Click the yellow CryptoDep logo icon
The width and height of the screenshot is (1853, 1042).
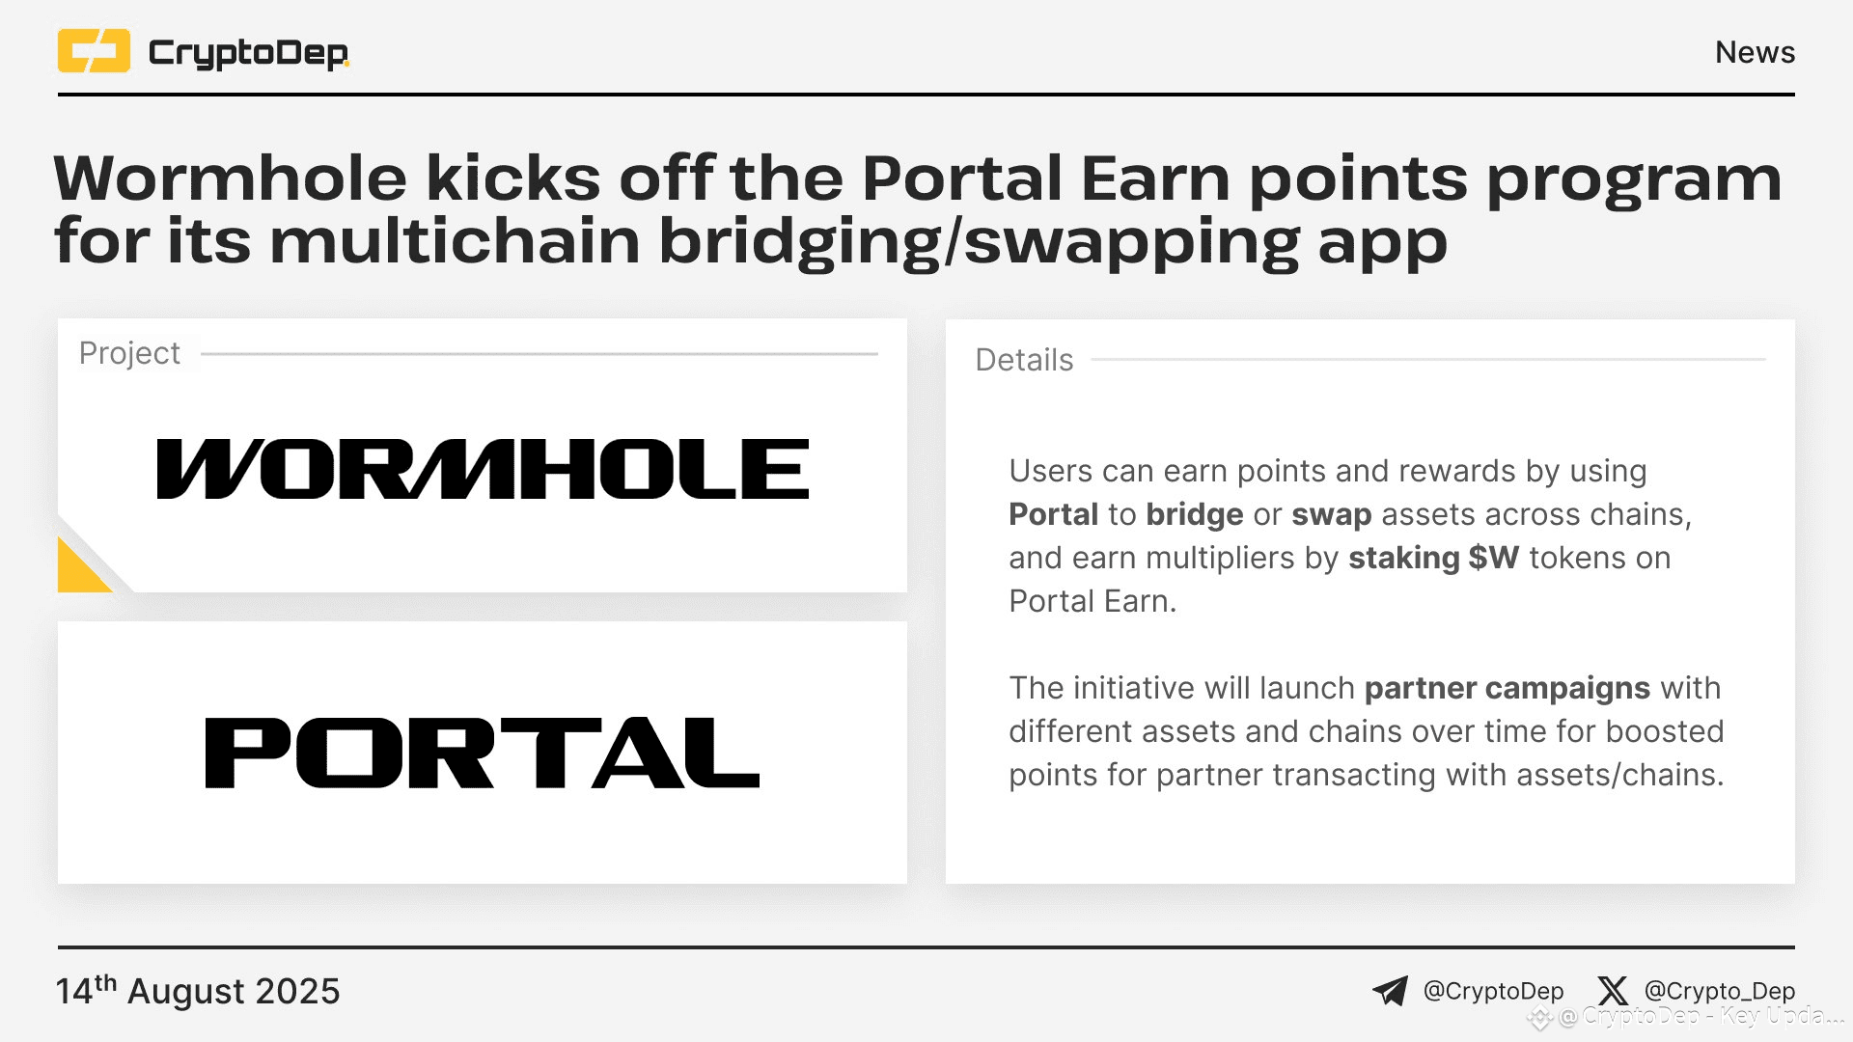(x=94, y=51)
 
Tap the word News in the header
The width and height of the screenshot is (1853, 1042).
(x=1755, y=52)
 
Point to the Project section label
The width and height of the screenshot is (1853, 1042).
(x=129, y=353)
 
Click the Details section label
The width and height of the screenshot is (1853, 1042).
(x=1024, y=360)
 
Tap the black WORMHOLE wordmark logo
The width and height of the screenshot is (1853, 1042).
(x=483, y=470)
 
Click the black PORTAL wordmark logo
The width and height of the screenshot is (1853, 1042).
(x=483, y=753)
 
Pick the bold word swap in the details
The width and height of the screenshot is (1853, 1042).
(x=1332, y=514)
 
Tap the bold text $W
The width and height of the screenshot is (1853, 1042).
(x=1494, y=558)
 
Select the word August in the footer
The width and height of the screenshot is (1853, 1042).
(x=186, y=992)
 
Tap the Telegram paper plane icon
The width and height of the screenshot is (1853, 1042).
(x=1390, y=991)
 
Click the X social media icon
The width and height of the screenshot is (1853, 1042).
(x=1612, y=991)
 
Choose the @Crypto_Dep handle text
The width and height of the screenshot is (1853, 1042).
(x=1719, y=991)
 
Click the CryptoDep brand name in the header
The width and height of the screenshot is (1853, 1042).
(x=248, y=52)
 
